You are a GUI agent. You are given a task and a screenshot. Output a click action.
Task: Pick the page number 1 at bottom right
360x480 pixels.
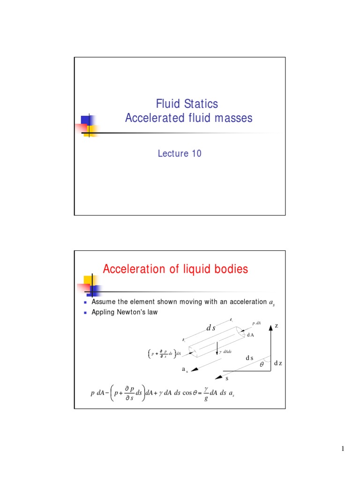pyautogui.click(x=343, y=449)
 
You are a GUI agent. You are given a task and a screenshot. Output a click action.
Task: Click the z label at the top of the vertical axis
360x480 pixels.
pyautogui.click(x=277, y=325)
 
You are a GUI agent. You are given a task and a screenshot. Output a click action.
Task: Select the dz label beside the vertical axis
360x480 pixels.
pyautogui.click(x=278, y=363)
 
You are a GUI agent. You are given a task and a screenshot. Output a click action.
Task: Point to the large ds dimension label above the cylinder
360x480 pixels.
pyautogui.click(x=211, y=329)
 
